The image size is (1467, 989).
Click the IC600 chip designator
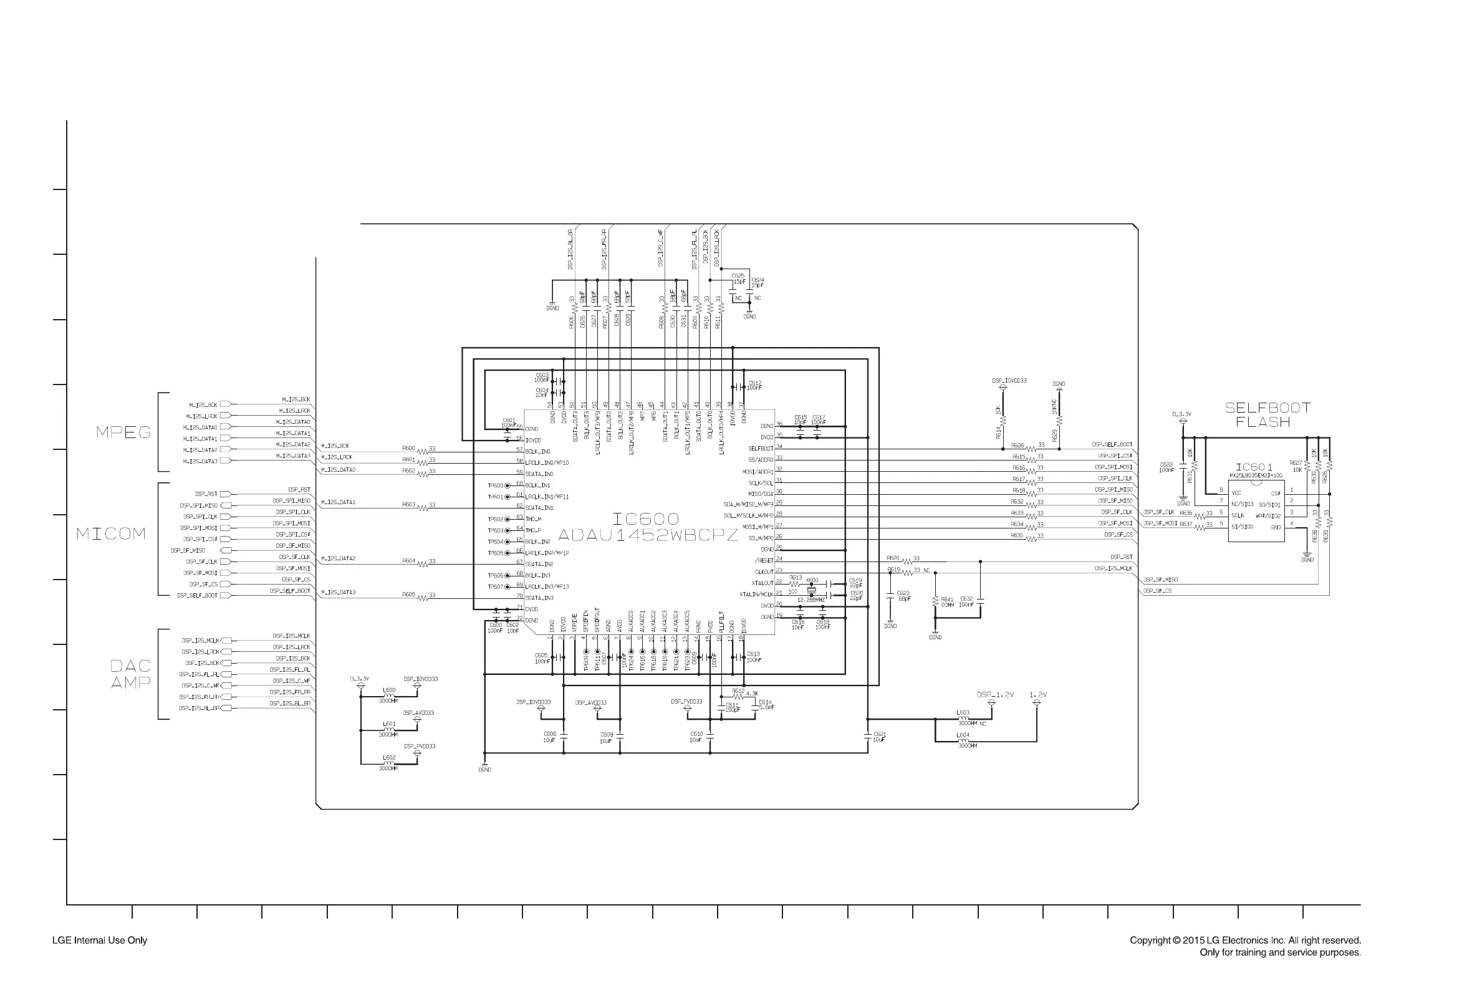click(645, 518)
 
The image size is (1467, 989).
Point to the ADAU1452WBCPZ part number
click(647, 535)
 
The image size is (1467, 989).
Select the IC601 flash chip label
click(1254, 467)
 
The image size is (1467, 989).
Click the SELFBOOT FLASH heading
click(1267, 414)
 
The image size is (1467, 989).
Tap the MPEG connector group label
click(123, 432)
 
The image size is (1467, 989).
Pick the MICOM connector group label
click(111, 533)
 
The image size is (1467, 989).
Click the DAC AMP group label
click(130, 674)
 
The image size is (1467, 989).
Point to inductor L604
click(963, 740)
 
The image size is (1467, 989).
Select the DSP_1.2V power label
click(995, 694)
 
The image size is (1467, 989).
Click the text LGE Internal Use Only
click(100, 940)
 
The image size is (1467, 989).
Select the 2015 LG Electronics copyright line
click(1245, 940)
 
